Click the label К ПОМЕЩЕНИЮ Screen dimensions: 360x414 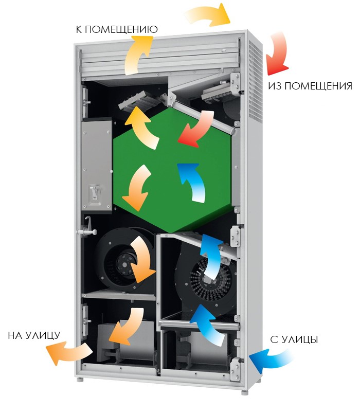click(x=116, y=29)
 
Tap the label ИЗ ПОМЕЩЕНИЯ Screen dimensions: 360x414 click(x=310, y=86)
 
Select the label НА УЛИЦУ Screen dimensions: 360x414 click(x=34, y=335)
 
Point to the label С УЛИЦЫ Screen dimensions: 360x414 click(x=294, y=339)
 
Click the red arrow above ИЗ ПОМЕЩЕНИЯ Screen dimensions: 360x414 click(x=278, y=53)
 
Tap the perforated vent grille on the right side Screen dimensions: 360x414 click(x=256, y=82)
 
